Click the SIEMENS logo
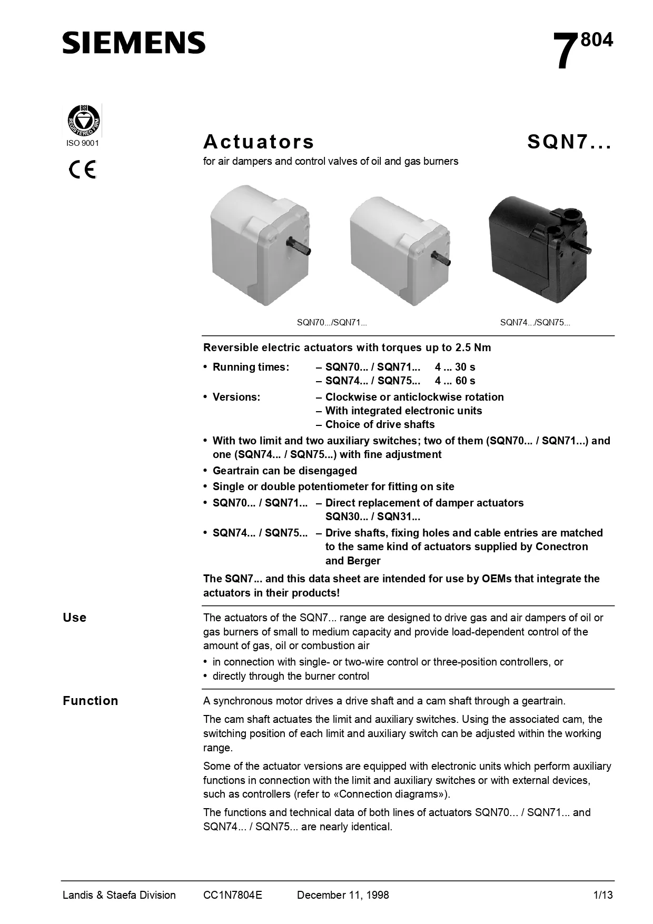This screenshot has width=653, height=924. (134, 43)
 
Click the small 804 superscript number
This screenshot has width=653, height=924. (597, 41)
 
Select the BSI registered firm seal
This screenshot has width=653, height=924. (83, 121)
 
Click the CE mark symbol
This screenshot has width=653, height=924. (83, 170)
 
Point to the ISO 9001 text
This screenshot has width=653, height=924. (82, 143)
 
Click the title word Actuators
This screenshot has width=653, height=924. (259, 142)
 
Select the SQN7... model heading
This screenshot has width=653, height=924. (569, 142)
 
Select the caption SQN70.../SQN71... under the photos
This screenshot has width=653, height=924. (332, 323)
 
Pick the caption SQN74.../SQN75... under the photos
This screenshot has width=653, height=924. (535, 323)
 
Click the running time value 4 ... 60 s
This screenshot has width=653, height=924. (455, 381)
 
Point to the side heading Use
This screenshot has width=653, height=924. (74, 618)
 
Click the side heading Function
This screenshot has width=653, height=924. (90, 701)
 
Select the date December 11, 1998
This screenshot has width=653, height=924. (343, 895)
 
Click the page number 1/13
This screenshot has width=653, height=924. (603, 895)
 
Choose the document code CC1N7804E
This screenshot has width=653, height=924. (232, 895)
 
